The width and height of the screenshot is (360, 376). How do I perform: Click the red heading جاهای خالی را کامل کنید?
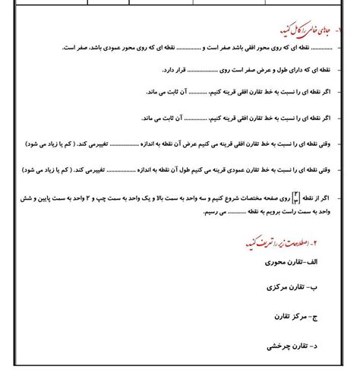[304, 31]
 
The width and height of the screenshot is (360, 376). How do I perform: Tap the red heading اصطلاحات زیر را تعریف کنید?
[281, 243]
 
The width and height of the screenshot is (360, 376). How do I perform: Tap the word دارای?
[292, 71]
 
